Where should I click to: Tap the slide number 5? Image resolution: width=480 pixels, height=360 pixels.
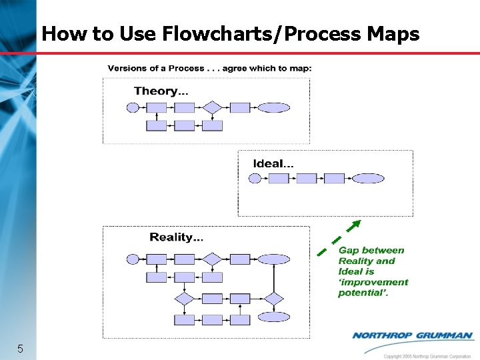coord(21,348)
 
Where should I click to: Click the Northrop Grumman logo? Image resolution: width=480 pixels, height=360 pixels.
coord(411,335)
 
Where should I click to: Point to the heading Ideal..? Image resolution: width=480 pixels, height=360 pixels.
coord(273,163)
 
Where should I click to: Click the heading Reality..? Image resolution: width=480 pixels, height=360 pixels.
coord(177,237)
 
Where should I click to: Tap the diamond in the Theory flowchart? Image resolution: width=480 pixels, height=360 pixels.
coord(212,107)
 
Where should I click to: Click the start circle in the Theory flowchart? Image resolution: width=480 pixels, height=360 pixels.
coord(133,107)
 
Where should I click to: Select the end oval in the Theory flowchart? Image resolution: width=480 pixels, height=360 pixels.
coord(273,107)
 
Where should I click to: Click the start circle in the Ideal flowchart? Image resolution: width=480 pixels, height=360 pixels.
coord(255,178)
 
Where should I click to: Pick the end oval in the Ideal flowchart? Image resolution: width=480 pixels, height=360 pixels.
coord(368,178)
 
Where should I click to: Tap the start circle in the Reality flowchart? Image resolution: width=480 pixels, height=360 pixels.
coord(133,259)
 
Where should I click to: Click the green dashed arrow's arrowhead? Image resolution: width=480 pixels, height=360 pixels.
coord(357,223)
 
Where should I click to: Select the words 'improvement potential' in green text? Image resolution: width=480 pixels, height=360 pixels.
coord(373,287)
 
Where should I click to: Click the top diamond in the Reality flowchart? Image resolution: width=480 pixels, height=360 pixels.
coord(212,259)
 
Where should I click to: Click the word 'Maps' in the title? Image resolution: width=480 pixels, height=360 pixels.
coord(394,34)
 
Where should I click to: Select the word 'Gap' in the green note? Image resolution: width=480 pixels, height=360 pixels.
coord(348,251)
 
